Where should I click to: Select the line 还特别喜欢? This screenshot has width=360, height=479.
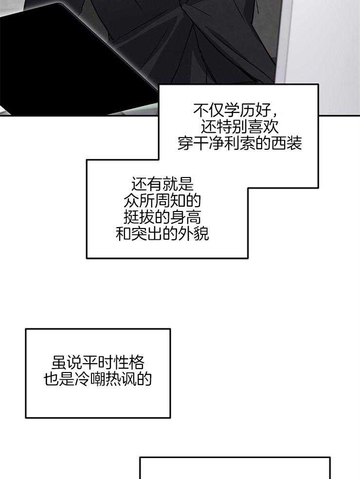(239, 127)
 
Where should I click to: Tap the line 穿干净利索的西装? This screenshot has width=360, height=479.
(239, 144)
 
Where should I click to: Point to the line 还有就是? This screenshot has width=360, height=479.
(162, 184)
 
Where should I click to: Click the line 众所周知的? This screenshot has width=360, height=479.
(162, 201)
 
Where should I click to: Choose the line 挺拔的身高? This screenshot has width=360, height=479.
(162, 217)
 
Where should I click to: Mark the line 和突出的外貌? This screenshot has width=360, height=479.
(162, 234)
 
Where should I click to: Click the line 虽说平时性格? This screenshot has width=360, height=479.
(98, 362)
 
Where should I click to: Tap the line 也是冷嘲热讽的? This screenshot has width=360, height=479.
(98, 379)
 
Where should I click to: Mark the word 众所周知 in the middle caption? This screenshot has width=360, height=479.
(155, 201)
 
